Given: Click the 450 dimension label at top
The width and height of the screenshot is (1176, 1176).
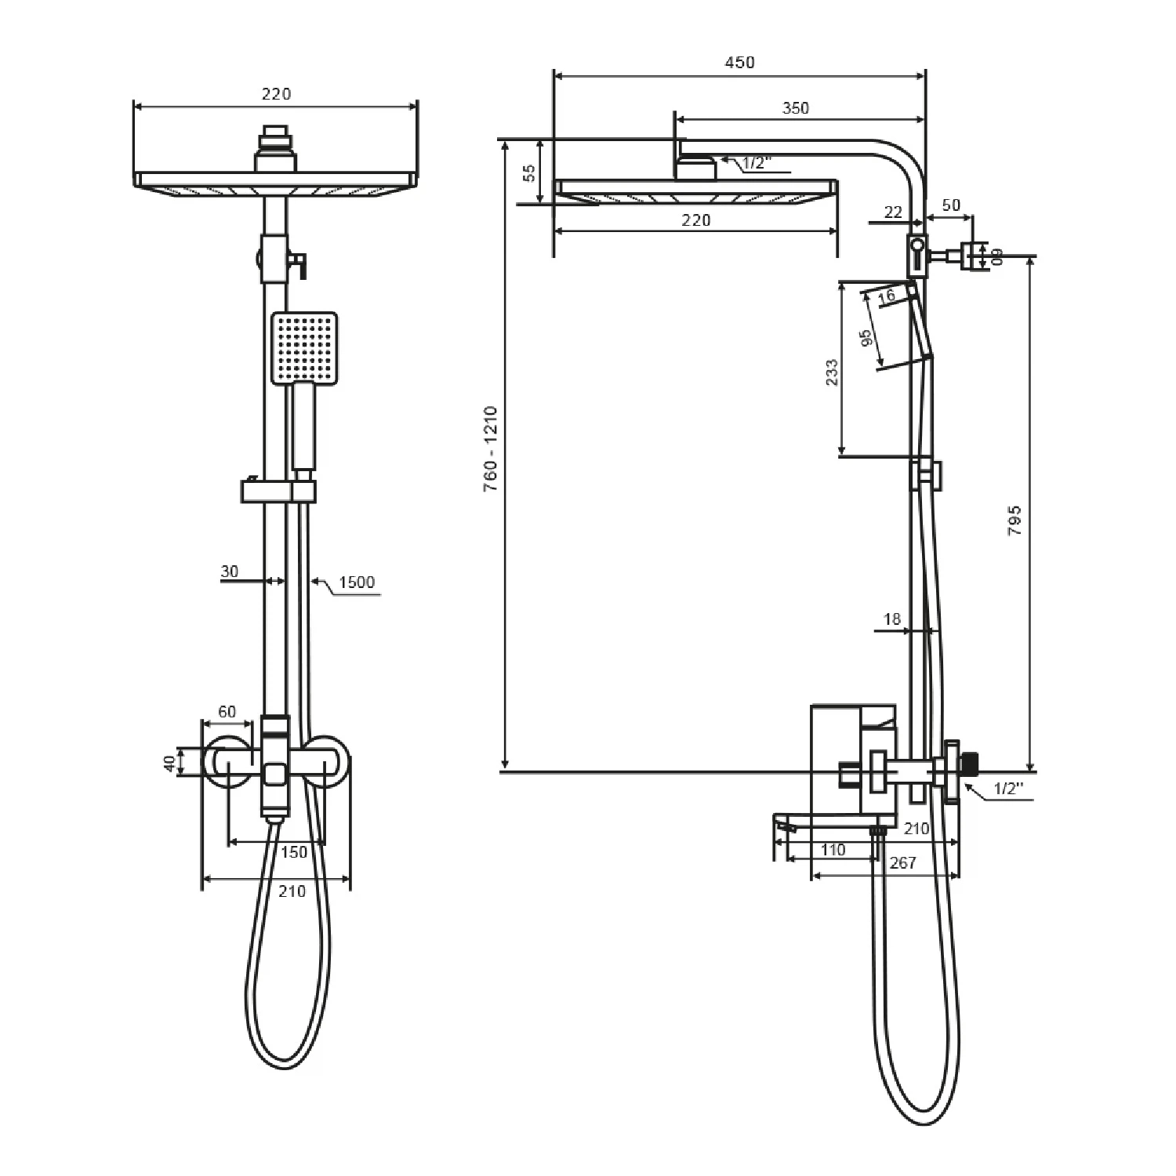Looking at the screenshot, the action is pyautogui.click(x=739, y=62).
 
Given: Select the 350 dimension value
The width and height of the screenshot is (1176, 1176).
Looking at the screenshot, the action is pyautogui.click(x=795, y=108).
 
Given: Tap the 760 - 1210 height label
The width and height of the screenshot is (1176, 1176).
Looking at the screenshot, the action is pyautogui.click(x=491, y=448).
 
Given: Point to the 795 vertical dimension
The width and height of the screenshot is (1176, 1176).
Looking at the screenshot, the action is pyautogui.click(x=1014, y=521).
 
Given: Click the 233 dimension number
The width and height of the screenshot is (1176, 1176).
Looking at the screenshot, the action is pyautogui.click(x=832, y=372).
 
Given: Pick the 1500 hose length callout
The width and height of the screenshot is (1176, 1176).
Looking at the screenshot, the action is pyautogui.click(x=357, y=582).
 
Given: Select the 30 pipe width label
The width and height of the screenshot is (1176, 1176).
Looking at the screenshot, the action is pyautogui.click(x=229, y=572).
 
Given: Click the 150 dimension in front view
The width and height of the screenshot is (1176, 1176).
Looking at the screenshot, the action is pyautogui.click(x=293, y=852).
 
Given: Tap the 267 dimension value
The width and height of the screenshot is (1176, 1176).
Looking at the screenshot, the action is pyautogui.click(x=903, y=862).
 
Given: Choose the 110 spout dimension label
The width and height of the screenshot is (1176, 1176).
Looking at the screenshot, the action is pyautogui.click(x=833, y=850).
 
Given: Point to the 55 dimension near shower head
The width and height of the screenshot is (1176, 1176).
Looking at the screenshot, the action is pyautogui.click(x=529, y=172).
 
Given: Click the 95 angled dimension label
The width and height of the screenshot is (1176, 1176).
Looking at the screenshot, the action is pyautogui.click(x=866, y=338).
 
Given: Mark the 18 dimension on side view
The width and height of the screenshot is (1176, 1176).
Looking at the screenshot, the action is pyautogui.click(x=892, y=619).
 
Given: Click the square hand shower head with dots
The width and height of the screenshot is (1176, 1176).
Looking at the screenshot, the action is pyautogui.click(x=305, y=348).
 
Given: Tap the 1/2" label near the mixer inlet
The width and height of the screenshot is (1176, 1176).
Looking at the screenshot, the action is pyautogui.click(x=1009, y=789).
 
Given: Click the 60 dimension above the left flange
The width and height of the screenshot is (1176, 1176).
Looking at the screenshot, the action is pyautogui.click(x=227, y=712).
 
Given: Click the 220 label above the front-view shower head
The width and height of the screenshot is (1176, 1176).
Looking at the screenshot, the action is pyautogui.click(x=276, y=94).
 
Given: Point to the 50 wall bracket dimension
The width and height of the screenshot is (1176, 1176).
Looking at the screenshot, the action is pyautogui.click(x=950, y=205).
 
